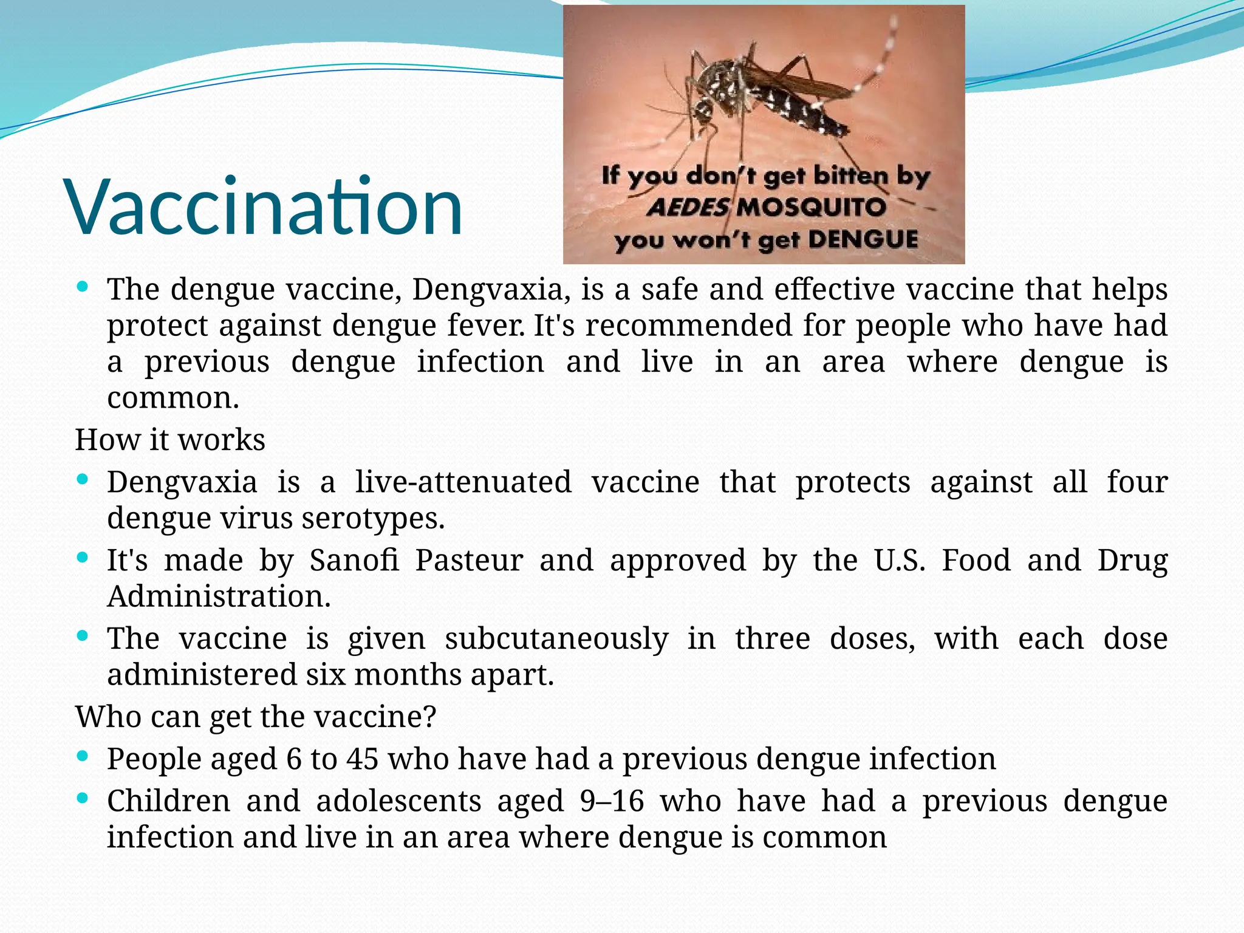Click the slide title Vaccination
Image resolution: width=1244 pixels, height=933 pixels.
click(265, 207)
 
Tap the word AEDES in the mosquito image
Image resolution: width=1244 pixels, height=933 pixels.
click(688, 208)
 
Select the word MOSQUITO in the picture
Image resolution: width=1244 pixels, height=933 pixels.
click(811, 208)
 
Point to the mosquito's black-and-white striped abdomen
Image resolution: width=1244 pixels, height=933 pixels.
click(796, 109)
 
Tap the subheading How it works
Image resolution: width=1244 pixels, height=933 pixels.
click(170, 440)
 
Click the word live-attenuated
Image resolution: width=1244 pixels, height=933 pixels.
click(463, 482)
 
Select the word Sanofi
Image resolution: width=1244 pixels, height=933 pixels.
click(355, 560)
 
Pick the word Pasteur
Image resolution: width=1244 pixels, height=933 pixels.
click(469, 560)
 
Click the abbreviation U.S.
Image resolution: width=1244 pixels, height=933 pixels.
click(900, 560)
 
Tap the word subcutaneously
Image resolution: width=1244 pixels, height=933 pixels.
click(556, 639)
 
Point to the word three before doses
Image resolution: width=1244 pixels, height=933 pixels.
click(773, 639)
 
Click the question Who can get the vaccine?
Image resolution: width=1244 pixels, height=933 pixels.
click(256, 717)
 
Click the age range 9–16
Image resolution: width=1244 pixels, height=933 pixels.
click(612, 801)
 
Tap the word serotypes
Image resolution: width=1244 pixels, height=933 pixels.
click(373, 518)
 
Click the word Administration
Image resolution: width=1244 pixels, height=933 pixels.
click(219, 596)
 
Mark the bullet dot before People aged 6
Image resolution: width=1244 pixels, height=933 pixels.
click(84, 756)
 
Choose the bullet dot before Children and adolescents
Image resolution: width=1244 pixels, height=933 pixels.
click(84, 798)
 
